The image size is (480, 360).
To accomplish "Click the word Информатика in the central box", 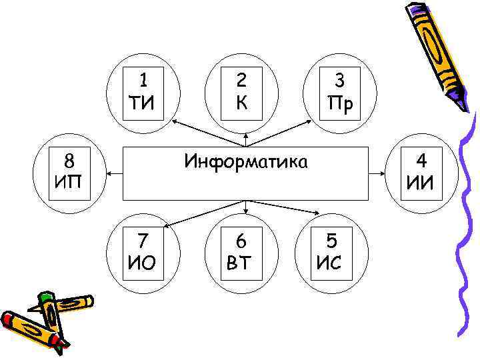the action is [x=246, y=161].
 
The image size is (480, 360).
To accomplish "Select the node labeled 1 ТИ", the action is [x=143, y=93].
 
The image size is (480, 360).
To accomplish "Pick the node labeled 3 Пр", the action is [x=339, y=93].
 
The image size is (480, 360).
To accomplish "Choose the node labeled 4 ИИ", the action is [x=421, y=171].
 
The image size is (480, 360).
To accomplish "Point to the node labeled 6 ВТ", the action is [x=241, y=251].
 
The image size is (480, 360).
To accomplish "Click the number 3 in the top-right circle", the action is [x=339, y=81].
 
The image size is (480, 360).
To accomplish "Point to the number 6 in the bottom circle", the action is [x=241, y=239].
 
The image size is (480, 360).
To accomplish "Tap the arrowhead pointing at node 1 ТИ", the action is [x=175, y=123].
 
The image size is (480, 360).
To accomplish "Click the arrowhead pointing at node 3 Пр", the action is [x=311, y=122].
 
